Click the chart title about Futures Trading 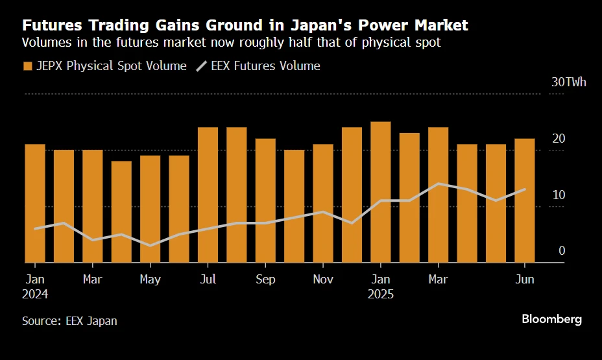[x=245, y=26]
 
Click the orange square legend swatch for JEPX [x=27, y=66]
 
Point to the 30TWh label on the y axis [x=568, y=82]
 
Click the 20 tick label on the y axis [x=558, y=139]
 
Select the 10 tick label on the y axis [x=558, y=195]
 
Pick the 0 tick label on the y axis [x=562, y=251]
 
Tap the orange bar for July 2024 [x=208, y=195]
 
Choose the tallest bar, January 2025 [x=381, y=192]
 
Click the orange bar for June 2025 [x=524, y=200]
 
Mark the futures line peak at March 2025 [x=439, y=184]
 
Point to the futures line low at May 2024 [x=150, y=246]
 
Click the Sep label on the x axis [x=265, y=280]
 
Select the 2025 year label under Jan [x=381, y=294]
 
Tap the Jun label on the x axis [x=524, y=280]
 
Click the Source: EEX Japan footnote [x=69, y=321]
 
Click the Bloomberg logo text [x=551, y=319]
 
